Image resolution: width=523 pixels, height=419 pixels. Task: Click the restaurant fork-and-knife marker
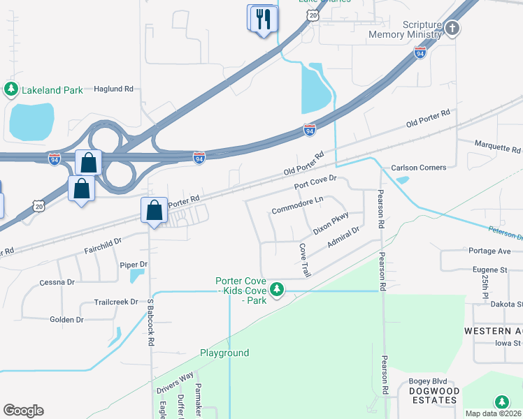263,18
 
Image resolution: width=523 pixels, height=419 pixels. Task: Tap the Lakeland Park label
52,89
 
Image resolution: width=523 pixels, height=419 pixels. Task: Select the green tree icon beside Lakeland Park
10,89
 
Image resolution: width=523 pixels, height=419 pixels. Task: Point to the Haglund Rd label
113,89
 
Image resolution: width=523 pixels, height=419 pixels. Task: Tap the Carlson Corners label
418,168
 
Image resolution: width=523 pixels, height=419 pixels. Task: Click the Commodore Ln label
297,205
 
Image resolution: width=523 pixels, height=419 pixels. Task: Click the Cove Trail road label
304,258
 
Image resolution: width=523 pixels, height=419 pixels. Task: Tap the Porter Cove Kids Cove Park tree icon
278,288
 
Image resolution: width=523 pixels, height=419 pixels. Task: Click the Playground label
224,353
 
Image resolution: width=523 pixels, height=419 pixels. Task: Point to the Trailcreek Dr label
116,302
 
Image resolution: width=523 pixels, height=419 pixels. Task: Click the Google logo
23,411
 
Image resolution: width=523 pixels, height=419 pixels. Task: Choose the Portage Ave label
496,251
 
